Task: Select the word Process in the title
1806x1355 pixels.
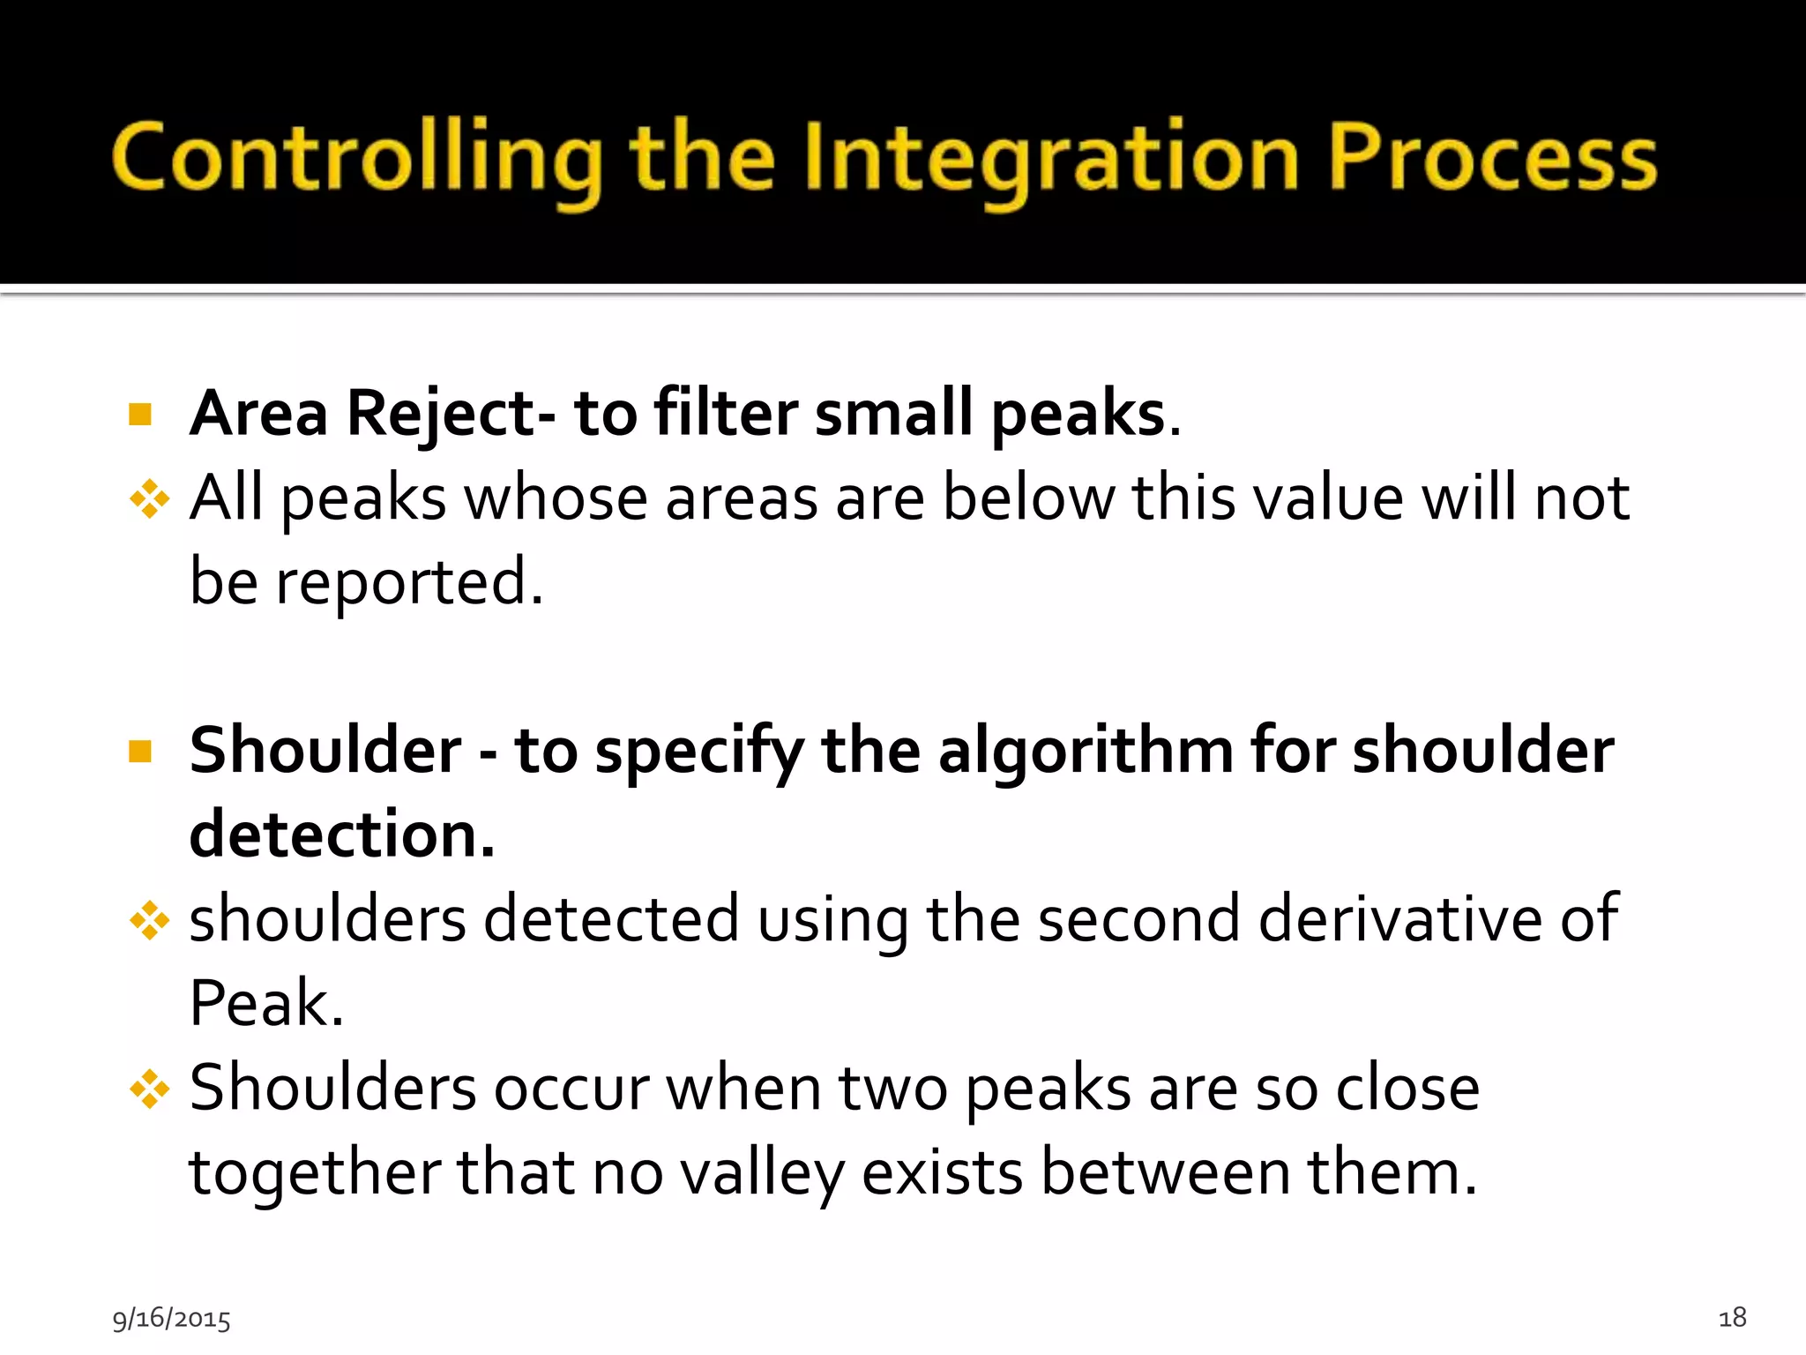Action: click(x=1492, y=159)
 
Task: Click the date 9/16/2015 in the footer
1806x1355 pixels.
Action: click(x=171, y=1319)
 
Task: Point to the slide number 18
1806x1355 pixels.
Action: click(x=1732, y=1317)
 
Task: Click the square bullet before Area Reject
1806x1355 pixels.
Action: click(x=140, y=414)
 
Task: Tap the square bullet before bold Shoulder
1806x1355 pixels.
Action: click(x=140, y=752)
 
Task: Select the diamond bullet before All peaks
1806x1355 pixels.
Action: click(x=149, y=499)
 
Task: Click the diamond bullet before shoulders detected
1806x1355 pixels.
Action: click(x=149, y=921)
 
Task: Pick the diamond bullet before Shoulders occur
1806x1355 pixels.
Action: click(x=149, y=1089)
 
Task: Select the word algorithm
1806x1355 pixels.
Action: click(x=1086, y=752)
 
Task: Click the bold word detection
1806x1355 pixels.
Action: click(x=341, y=835)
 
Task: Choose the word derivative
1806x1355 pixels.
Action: click(x=1399, y=919)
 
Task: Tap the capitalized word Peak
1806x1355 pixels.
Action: click(x=265, y=1004)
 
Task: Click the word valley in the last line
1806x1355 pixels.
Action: click(x=762, y=1174)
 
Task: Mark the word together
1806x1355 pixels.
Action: click(x=315, y=1174)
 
